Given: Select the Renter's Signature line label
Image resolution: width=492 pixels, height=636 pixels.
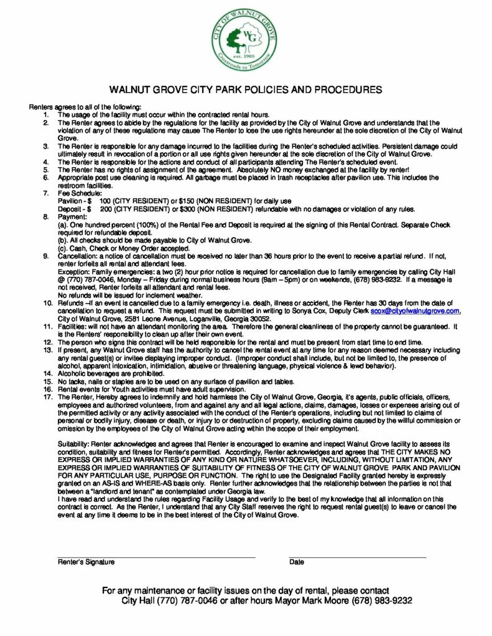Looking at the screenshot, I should tap(86, 562).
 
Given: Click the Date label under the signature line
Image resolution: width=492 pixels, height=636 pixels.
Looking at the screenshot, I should tap(297, 562).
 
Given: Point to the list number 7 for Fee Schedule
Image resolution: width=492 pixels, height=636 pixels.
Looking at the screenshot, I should tap(46, 194).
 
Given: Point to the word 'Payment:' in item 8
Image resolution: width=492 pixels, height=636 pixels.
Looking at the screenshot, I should tap(72, 217).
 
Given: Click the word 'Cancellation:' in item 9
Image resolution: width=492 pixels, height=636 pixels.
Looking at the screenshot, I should tap(77, 256).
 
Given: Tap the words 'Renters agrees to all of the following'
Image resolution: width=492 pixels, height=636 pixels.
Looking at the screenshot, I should tap(85, 107).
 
